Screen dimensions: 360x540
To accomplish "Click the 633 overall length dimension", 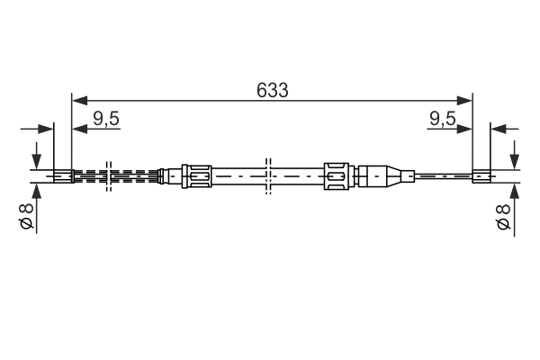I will click(271, 90).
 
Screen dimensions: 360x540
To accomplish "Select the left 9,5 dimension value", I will click(106, 117).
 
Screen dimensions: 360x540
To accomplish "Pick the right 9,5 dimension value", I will click(442, 117).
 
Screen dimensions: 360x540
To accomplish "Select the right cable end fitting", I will click(481, 175).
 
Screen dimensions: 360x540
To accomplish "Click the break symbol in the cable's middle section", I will click(267, 175).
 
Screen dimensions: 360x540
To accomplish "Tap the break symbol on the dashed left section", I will click(107, 175).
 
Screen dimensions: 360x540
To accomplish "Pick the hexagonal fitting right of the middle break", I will click(336, 175).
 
